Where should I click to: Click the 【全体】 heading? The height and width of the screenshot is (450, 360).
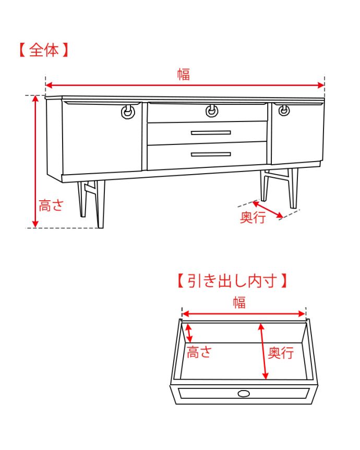tap(44, 50)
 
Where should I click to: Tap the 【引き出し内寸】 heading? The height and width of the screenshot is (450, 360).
tap(232, 281)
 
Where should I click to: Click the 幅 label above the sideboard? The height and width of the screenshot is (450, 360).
tap(184, 75)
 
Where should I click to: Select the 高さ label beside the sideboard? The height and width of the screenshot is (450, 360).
tap(51, 205)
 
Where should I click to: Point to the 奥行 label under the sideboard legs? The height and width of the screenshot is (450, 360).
tap(253, 217)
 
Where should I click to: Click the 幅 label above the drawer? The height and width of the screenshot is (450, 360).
tap(239, 302)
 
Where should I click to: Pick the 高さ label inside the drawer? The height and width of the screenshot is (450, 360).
tap(199, 352)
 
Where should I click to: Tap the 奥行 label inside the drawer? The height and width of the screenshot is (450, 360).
tap(281, 352)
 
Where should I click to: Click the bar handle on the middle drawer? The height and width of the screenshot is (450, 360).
tap(211, 132)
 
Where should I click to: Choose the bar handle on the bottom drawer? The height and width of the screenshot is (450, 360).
tap(211, 154)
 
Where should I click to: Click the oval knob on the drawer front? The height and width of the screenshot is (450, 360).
tap(244, 394)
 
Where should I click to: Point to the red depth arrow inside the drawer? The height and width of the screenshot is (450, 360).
tap(263, 351)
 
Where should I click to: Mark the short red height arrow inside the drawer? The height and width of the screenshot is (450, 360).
tap(189, 333)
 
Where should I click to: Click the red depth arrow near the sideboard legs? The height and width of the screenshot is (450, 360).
tap(268, 210)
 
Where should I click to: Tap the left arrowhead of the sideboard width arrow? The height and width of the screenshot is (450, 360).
tap(49, 85)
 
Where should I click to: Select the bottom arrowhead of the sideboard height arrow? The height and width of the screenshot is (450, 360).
tap(35, 224)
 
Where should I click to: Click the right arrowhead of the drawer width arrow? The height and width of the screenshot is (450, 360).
tap(302, 314)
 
